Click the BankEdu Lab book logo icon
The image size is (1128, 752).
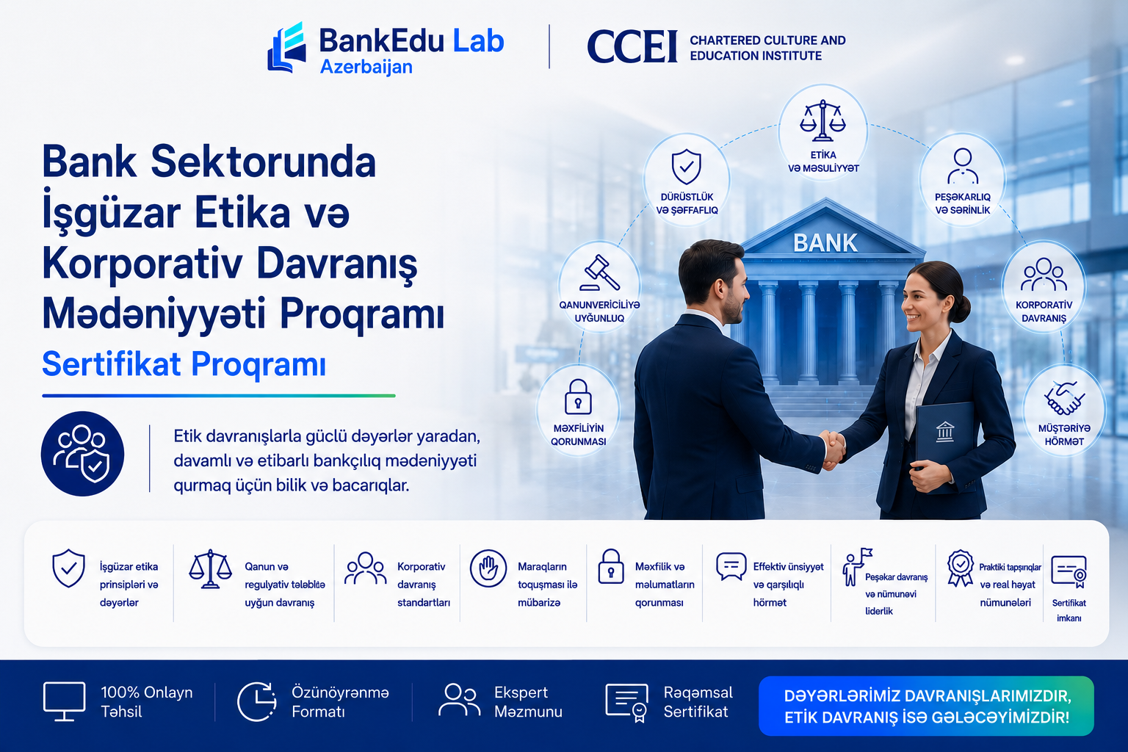coord(286,47)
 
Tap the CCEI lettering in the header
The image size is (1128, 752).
coord(632,46)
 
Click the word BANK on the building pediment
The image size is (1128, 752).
coord(825,243)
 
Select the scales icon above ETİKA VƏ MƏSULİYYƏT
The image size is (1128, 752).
coord(822,120)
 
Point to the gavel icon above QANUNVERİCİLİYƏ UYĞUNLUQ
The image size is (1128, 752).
coord(599,272)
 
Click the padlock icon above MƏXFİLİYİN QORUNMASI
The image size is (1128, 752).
coord(578,397)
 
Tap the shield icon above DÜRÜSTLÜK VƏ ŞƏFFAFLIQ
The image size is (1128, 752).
coord(687,167)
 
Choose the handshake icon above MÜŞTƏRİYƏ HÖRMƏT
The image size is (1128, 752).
coord(1064,398)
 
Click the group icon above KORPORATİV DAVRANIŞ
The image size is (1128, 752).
coord(1044,275)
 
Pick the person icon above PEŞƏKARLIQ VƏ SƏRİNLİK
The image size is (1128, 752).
coord(962,166)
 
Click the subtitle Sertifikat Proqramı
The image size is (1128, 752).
coord(184,364)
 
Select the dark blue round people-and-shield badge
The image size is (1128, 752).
coord(82,453)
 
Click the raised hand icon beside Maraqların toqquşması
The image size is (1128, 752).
coord(488,568)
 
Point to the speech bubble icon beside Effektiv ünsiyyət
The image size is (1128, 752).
coord(731,567)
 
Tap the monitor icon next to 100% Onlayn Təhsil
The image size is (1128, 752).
coord(64,701)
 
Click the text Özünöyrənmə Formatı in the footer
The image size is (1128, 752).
coord(340,701)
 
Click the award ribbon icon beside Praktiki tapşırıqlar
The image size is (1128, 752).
coord(961,568)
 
